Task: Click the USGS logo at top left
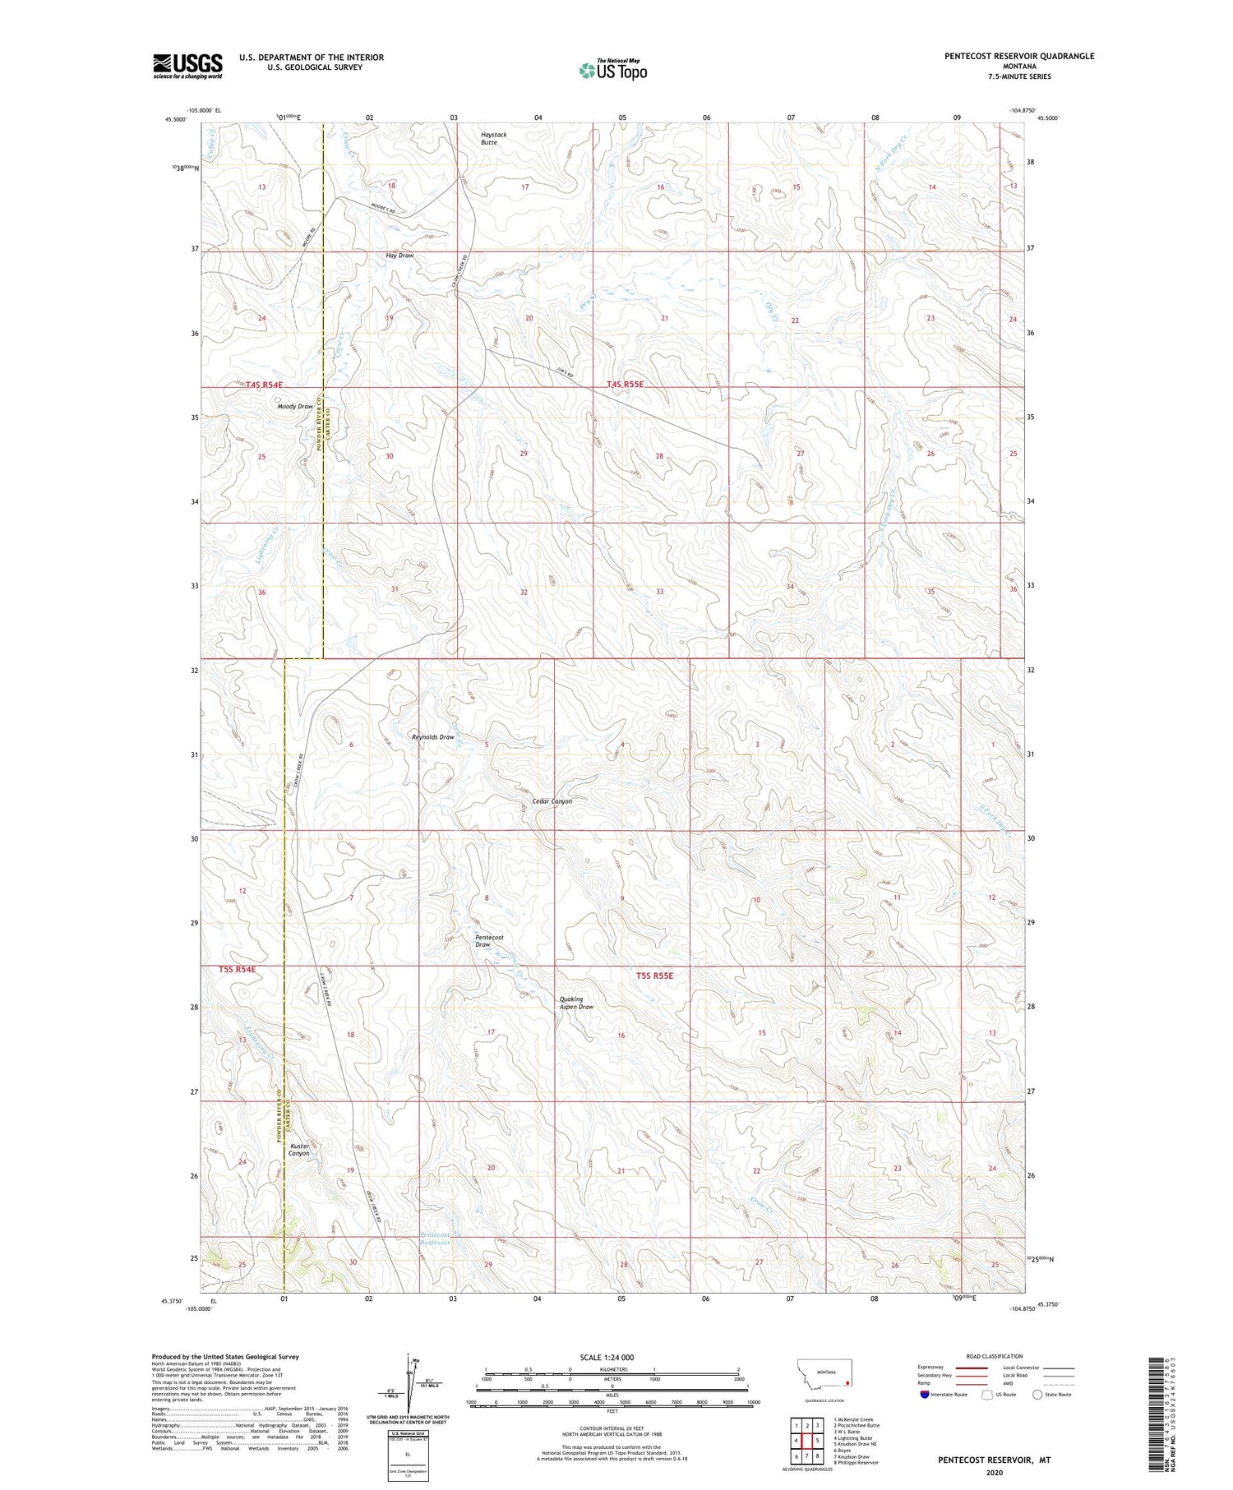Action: pyautogui.click(x=187, y=66)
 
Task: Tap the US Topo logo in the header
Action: pyautogui.click(x=612, y=70)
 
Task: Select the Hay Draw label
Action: pyautogui.click(x=399, y=256)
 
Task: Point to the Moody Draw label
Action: pyautogui.click(x=295, y=407)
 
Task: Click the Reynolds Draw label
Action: pyautogui.click(x=432, y=737)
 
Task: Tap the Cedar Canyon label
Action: pyautogui.click(x=552, y=801)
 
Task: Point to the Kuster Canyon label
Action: pyautogui.click(x=298, y=1149)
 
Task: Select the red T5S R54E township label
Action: pyautogui.click(x=238, y=970)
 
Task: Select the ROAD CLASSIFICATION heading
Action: pyautogui.click(x=994, y=1356)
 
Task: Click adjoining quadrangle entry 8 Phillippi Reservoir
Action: pyautogui.click(x=855, y=1462)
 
